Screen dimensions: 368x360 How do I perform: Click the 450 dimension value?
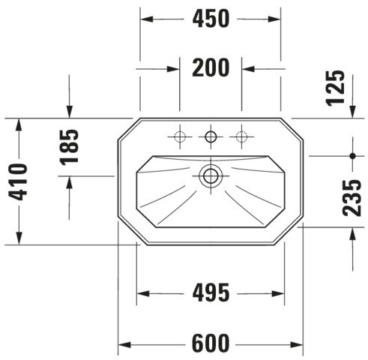coord(211,19)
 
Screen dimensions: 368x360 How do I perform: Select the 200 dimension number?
coord(211,67)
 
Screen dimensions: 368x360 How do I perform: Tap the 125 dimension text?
coord(336,88)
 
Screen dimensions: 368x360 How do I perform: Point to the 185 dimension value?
coord(70,148)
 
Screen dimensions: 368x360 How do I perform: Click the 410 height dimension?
coord(17,181)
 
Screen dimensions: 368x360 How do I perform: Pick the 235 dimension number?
coord(352,198)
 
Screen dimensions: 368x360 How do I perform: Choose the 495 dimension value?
coord(211,292)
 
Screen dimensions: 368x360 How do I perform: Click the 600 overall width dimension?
coord(211,343)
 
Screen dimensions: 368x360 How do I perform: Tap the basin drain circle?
coord(211,175)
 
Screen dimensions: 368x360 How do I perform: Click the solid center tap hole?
coord(211,136)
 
